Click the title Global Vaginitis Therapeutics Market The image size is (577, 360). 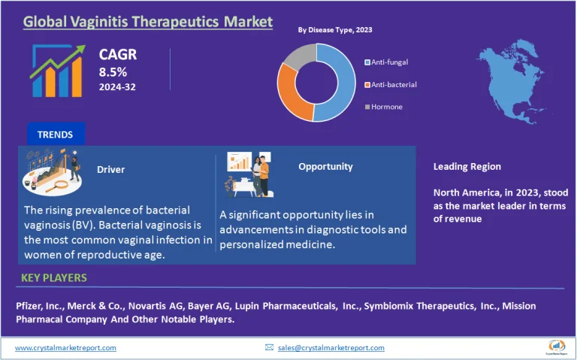[x=147, y=21]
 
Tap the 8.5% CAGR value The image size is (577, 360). [x=113, y=72]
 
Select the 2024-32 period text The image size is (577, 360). [x=117, y=87]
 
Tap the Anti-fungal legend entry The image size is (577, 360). [x=386, y=62]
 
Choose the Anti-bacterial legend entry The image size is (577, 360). [x=390, y=84]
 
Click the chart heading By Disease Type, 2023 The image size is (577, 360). [x=334, y=30]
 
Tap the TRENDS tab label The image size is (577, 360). [x=55, y=135]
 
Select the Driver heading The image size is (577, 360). [x=110, y=169]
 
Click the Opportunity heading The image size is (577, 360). [x=325, y=166]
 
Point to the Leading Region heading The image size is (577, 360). [x=467, y=166]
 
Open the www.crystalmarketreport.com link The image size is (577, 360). [x=65, y=347]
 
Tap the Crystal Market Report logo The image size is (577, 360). [x=556, y=346]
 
